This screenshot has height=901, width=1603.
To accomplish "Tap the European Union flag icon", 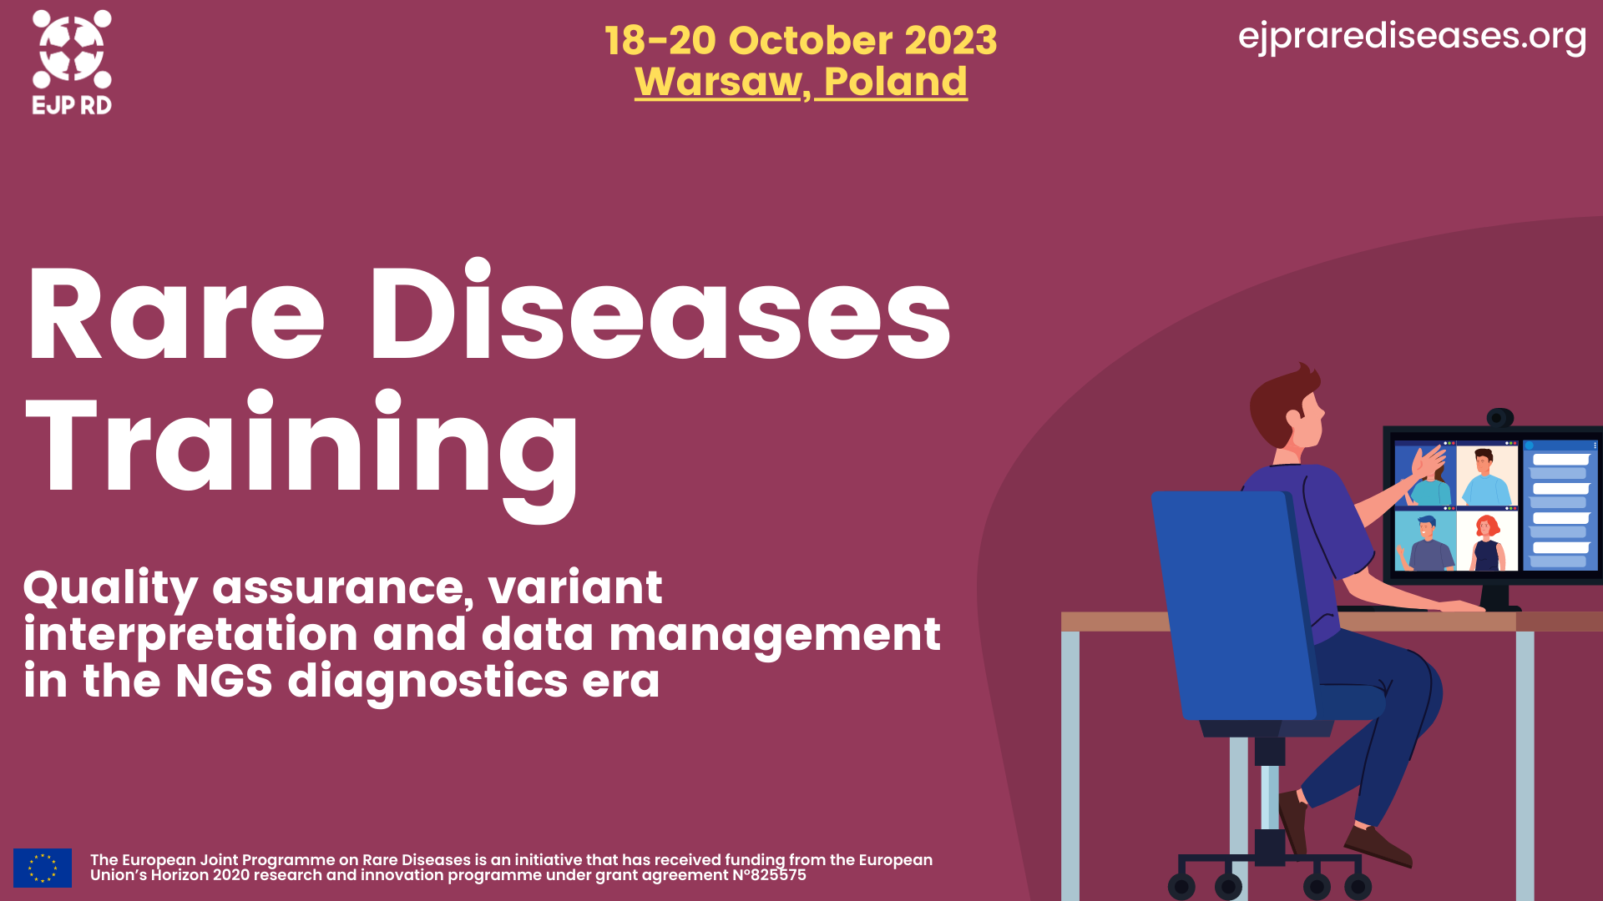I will coord(43,868).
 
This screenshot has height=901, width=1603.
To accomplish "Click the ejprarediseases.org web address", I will coord(1412,37).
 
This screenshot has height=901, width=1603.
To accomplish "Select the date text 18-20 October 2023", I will coord(801,40).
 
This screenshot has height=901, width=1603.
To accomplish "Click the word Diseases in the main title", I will coord(660,313).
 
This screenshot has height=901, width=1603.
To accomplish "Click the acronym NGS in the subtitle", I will coord(224,681).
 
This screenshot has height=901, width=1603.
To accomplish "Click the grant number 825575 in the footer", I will coord(778,875).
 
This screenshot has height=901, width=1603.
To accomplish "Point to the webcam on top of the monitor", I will coord(1499,417).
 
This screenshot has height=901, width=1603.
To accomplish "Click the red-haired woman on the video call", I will coord(1487,541).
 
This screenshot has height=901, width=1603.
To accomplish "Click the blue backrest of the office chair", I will coord(1231,601).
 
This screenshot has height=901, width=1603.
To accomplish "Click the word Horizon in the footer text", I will coord(179,875).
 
